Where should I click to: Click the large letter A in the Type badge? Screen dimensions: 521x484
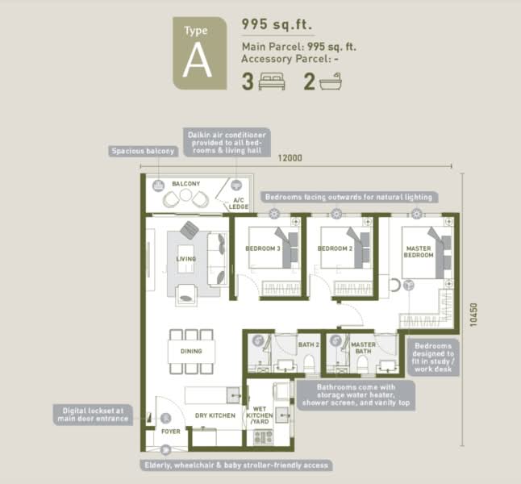point(197,60)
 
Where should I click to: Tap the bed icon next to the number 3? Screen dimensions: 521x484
point(272,81)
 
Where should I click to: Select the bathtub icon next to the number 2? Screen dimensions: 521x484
point(331,81)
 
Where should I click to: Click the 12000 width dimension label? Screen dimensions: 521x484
point(290,158)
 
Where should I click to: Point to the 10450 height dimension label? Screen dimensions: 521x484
point(473,315)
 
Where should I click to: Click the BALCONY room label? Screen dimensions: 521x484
point(186,183)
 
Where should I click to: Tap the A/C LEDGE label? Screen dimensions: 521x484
point(239,203)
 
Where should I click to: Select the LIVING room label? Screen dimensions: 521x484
point(186,259)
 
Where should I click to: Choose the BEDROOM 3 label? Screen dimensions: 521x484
point(263,248)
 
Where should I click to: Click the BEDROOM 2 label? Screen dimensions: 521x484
point(335,248)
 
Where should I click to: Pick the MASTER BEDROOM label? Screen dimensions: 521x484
point(419,252)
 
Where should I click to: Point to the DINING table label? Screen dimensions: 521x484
point(191,351)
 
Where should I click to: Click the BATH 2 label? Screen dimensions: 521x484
point(309,344)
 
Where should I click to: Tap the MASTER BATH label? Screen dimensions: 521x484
point(363,348)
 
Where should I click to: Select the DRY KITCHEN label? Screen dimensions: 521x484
point(215,415)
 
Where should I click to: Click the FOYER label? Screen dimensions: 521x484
point(171,432)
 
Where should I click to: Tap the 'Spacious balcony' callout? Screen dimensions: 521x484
point(144,152)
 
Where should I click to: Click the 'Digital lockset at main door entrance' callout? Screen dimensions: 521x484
point(93,415)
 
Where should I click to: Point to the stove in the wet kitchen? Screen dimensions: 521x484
point(263,437)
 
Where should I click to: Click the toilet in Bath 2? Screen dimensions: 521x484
point(309,364)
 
